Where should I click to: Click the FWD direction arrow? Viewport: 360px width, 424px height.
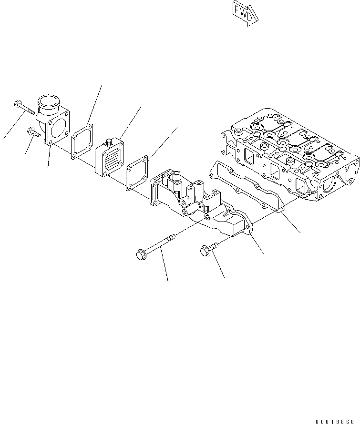[245, 13]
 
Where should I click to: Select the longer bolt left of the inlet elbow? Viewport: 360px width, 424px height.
[23, 108]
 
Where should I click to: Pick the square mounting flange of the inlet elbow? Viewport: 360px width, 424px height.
[58, 128]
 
